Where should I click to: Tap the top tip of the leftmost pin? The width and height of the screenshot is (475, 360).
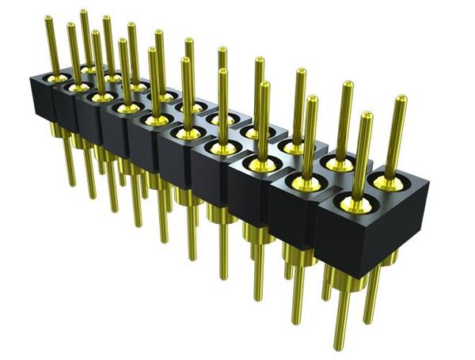[48, 19]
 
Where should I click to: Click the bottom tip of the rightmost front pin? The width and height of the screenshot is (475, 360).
[340, 347]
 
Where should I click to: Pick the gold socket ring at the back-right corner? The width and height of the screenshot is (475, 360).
[388, 182]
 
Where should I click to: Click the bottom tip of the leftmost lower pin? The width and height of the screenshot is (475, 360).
[72, 184]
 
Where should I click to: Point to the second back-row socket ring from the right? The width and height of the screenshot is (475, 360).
[340, 164]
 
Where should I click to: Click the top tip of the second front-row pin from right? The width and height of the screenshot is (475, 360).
[313, 100]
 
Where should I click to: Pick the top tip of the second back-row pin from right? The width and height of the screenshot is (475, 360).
[348, 84]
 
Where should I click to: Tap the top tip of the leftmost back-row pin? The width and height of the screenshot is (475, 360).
[83, 12]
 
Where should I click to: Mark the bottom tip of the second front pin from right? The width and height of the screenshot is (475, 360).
[296, 321]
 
